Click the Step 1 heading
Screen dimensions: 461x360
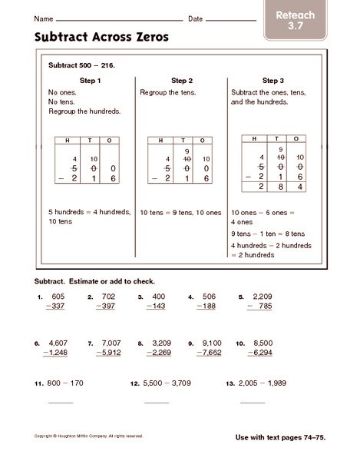coord(90,80)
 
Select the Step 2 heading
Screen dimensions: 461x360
coord(181,80)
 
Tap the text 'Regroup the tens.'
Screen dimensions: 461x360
coord(168,92)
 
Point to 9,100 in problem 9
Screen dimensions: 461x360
coord(210,343)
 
